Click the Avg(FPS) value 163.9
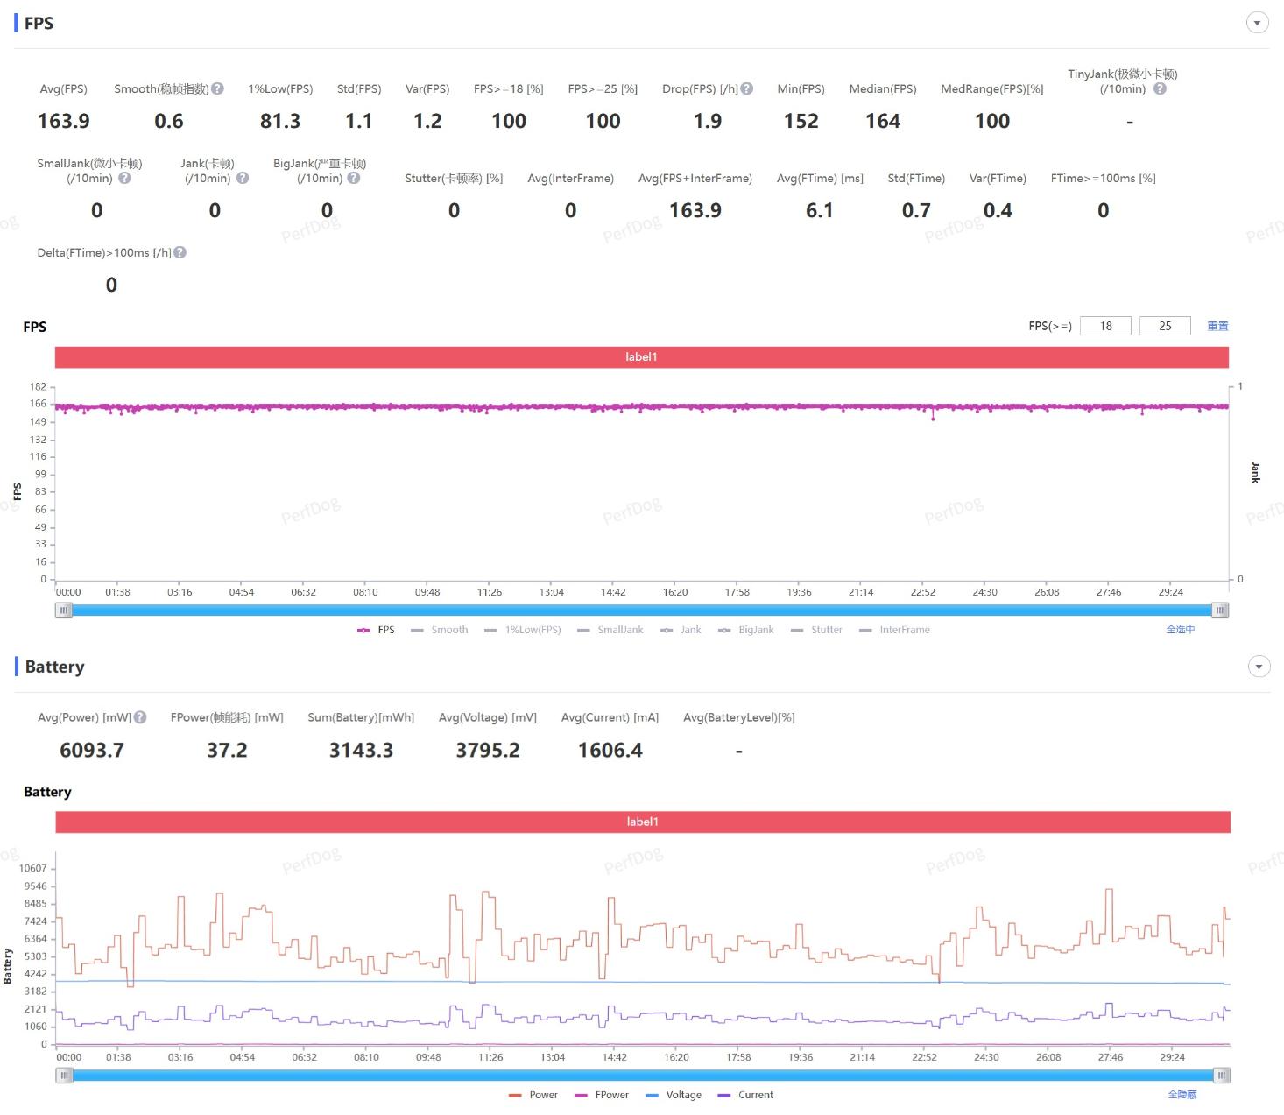[63, 121]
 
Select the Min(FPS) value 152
[801, 121]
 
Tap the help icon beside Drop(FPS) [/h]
[747, 88]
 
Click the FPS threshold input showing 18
[1105, 326]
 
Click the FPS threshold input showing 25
[1165, 326]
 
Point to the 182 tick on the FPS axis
[38, 386]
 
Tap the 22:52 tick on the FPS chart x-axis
[922, 592]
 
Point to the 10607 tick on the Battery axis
[33, 868]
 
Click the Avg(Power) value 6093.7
[92, 750]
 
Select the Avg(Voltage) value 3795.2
[488, 750]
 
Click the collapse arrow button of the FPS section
[1257, 23]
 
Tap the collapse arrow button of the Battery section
[1259, 667]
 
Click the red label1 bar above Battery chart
[642, 822]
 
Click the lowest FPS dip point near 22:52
[933, 419]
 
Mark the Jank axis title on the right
[1255, 473]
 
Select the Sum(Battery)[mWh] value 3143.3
[361, 750]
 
